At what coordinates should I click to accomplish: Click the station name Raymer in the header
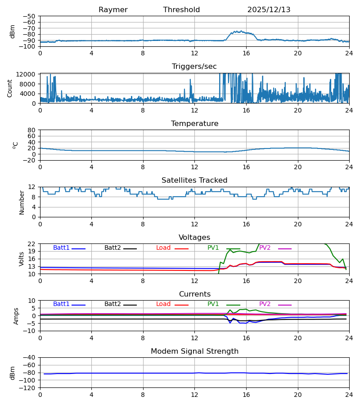[x=113, y=10]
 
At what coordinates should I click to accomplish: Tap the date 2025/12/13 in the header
[x=269, y=10]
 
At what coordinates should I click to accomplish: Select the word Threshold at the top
[x=181, y=10]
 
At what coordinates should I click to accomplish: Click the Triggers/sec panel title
[x=194, y=67]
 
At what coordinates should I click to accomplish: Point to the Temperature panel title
[x=194, y=124]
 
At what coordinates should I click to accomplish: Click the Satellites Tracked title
[x=194, y=180]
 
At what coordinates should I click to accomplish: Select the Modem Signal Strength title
[x=194, y=351]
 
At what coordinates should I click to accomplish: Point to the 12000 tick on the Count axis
[x=28, y=74]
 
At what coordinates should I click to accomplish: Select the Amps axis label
[x=17, y=316]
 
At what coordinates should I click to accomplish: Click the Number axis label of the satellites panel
[x=22, y=202]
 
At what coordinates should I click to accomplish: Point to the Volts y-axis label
[x=22, y=259]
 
